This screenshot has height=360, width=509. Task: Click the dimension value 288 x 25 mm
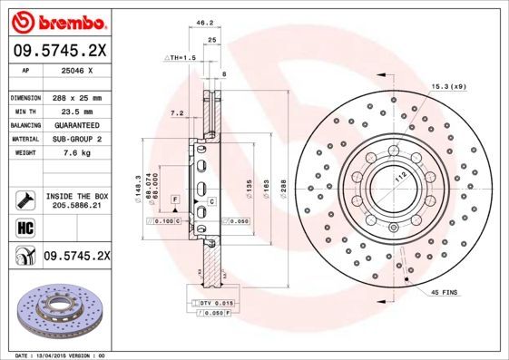point(77,97)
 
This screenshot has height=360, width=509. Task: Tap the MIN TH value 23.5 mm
point(77,111)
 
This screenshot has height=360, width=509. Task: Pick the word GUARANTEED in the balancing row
point(77,125)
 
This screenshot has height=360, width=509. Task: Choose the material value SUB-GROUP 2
point(77,140)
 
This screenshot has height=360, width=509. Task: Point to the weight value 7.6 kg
point(77,153)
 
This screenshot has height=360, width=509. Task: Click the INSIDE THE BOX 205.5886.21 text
point(77,200)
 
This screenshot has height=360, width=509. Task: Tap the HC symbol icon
point(24,228)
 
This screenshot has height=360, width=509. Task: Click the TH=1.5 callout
point(181,57)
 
